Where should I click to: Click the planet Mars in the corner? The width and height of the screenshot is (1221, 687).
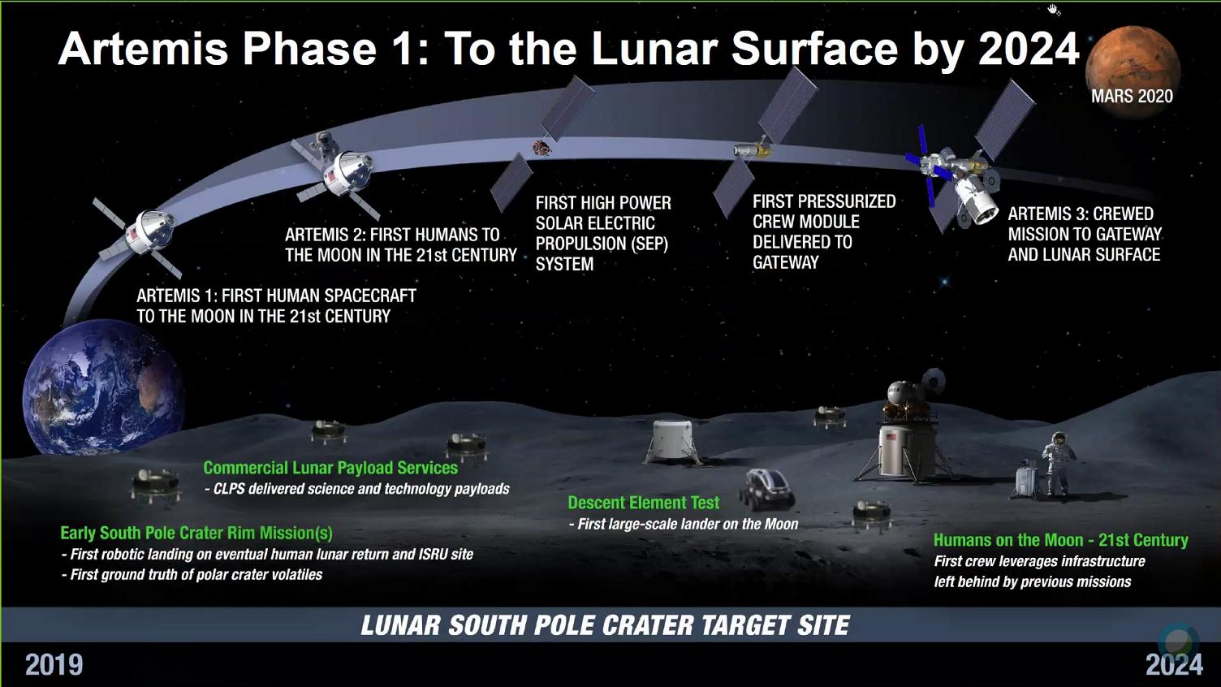coord(1133,71)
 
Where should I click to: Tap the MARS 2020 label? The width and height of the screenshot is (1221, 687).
coord(1133,97)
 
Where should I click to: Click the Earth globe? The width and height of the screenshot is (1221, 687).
coord(102,387)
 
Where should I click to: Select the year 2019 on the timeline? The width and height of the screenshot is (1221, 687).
coord(54,664)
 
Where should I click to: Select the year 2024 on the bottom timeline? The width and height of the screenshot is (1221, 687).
coord(1174,664)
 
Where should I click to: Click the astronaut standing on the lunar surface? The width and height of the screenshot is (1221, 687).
coord(1058,464)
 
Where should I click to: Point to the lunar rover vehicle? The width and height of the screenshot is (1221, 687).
coord(767,488)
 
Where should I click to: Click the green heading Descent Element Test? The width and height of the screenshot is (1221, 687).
coord(643,502)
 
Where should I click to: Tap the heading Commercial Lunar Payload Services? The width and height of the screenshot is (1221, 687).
coord(330,468)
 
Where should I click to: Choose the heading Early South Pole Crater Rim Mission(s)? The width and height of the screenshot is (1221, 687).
coord(196,533)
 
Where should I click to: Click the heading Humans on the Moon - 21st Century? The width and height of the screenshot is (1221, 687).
coord(1061,540)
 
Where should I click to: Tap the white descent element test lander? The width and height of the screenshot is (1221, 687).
coord(673,442)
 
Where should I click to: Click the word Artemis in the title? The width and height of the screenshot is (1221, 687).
coord(143,49)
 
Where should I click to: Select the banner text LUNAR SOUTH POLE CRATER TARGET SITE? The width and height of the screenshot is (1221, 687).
coord(605,625)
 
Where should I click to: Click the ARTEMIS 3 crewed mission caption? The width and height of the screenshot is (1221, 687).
coord(1084,234)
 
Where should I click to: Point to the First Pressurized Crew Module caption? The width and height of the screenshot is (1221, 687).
coord(824,231)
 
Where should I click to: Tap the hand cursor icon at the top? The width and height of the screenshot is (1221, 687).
coord(1053,9)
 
